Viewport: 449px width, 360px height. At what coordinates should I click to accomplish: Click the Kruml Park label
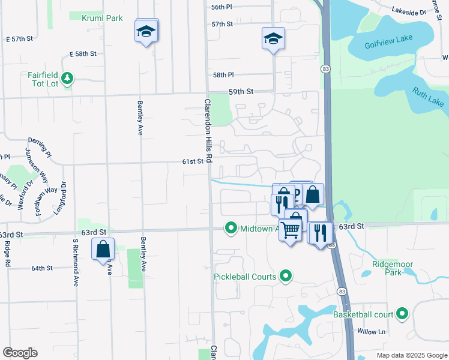[x=102, y=18]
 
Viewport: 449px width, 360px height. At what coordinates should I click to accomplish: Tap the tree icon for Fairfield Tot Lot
[x=68, y=79]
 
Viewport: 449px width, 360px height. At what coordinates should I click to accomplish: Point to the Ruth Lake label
[x=427, y=100]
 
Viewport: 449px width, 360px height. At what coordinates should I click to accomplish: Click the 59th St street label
[x=241, y=92]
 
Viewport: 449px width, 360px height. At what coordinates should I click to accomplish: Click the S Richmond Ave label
[x=76, y=262]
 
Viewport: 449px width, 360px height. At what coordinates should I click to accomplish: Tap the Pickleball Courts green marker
[x=286, y=277]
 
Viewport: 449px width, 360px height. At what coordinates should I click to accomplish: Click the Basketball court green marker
[x=402, y=314]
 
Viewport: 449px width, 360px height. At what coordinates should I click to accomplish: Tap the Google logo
[x=20, y=353]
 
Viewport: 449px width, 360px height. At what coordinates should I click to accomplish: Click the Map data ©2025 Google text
[x=411, y=355]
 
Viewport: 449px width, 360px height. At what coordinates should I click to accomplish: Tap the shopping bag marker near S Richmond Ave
[x=103, y=248]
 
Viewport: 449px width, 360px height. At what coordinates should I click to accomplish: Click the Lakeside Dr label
[x=408, y=11]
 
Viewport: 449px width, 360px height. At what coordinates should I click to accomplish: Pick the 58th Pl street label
[x=223, y=75]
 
